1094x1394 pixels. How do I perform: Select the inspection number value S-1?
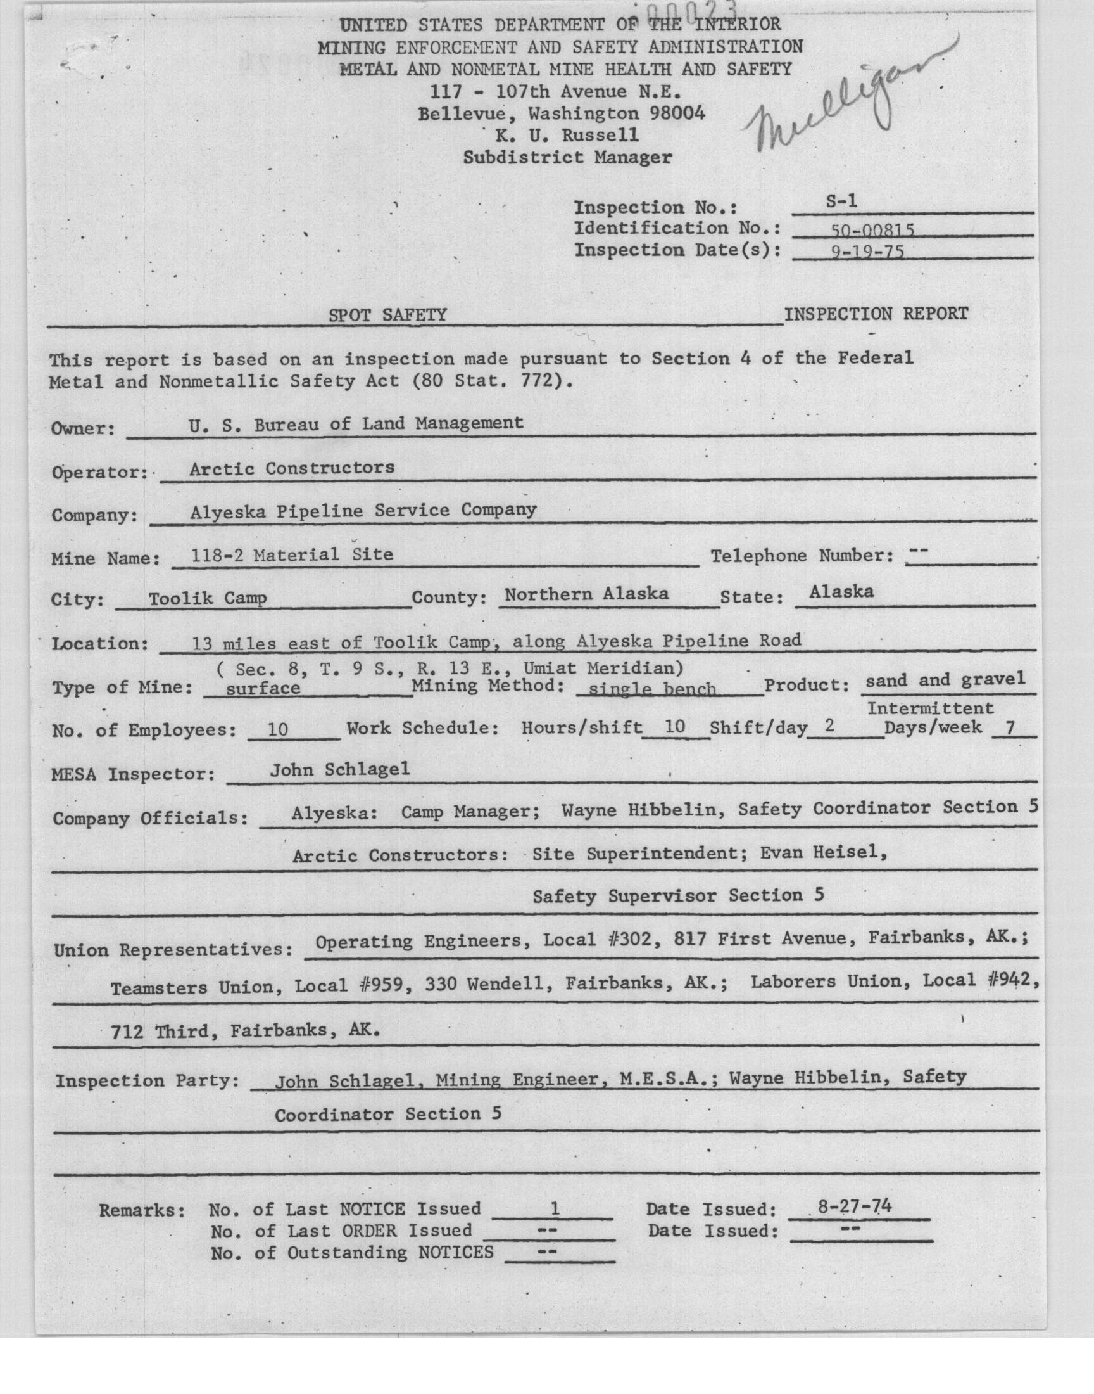(x=841, y=201)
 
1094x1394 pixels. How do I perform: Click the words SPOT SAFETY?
(x=387, y=315)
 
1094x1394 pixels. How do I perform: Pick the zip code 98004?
(x=677, y=113)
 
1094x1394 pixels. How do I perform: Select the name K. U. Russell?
(x=567, y=135)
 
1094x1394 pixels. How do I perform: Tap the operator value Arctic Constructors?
(x=291, y=468)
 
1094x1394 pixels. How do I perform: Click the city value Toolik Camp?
(x=208, y=599)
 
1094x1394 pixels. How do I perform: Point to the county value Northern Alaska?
(x=586, y=594)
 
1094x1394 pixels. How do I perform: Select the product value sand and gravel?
(x=945, y=680)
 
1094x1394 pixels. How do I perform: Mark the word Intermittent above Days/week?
(x=930, y=708)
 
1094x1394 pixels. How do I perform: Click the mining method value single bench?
(x=652, y=689)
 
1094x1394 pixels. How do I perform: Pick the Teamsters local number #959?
(x=382, y=985)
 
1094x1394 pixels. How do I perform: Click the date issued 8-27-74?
(x=855, y=1208)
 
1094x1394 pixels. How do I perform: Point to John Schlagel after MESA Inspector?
(x=339, y=770)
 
